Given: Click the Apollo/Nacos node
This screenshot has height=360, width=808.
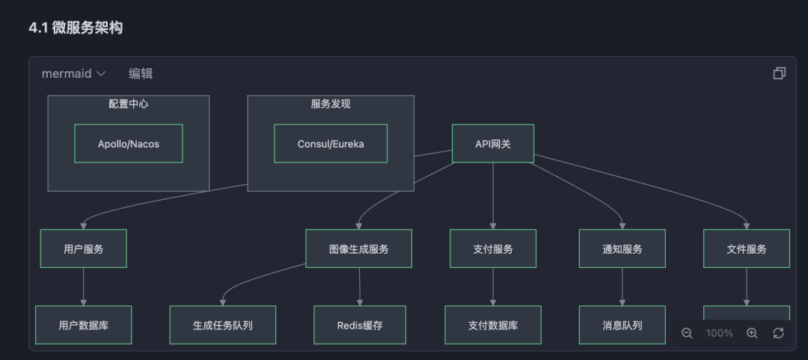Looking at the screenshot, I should click(129, 144).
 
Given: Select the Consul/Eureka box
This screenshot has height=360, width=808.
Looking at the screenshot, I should click(331, 144).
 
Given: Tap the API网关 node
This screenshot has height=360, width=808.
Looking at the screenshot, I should click(493, 144).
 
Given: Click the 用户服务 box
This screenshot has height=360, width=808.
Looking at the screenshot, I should click(83, 248).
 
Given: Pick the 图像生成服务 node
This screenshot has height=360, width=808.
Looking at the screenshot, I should click(358, 248).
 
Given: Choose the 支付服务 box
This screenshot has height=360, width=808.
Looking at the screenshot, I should click(493, 248).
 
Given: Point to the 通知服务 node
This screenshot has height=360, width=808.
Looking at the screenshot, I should click(622, 248).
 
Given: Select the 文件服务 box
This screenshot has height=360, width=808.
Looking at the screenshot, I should click(747, 248).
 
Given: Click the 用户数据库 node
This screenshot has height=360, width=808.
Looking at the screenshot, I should click(83, 325).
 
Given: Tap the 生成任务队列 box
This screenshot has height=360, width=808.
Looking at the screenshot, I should click(222, 325).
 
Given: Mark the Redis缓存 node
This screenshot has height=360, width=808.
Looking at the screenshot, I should click(359, 325).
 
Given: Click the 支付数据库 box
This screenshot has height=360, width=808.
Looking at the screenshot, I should click(493, 325).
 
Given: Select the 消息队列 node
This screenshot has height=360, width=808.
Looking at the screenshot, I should click(622, 325).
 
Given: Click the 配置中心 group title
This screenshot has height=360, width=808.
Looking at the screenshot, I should click(129, 104).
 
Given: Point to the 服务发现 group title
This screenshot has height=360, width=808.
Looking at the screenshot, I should click(331, 104).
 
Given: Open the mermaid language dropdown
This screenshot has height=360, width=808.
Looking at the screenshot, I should click(73, 73).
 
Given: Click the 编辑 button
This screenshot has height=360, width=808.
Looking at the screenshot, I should click(141, 73).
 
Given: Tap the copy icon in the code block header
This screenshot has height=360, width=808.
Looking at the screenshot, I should click(779, 73).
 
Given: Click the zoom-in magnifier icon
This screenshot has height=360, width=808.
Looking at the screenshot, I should click(752, 333).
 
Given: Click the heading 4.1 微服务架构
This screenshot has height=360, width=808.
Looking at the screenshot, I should click(76, 28).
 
